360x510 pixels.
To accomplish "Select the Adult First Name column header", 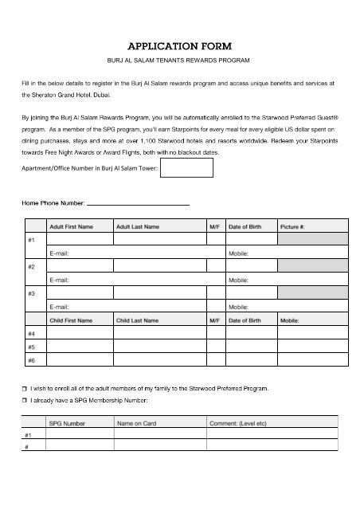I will (x=71, y=227).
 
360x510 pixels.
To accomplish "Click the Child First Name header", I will (x=71, y=320).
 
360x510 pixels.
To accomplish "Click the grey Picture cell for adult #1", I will (x=311, y=239).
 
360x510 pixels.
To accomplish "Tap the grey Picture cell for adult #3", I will (x=311, y=292).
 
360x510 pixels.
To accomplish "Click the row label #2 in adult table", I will (x=31, y=266).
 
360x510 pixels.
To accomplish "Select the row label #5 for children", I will (x=31, y=347).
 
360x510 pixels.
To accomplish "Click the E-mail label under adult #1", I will (x=60, y=253).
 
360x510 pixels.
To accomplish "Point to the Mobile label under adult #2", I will (x=239, y=280).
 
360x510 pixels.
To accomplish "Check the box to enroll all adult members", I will (x=25, y=388).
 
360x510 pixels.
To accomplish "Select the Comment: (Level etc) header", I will (x=238, y=424).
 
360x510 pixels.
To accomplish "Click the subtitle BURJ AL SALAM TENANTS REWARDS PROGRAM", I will (x=180, y=61).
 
